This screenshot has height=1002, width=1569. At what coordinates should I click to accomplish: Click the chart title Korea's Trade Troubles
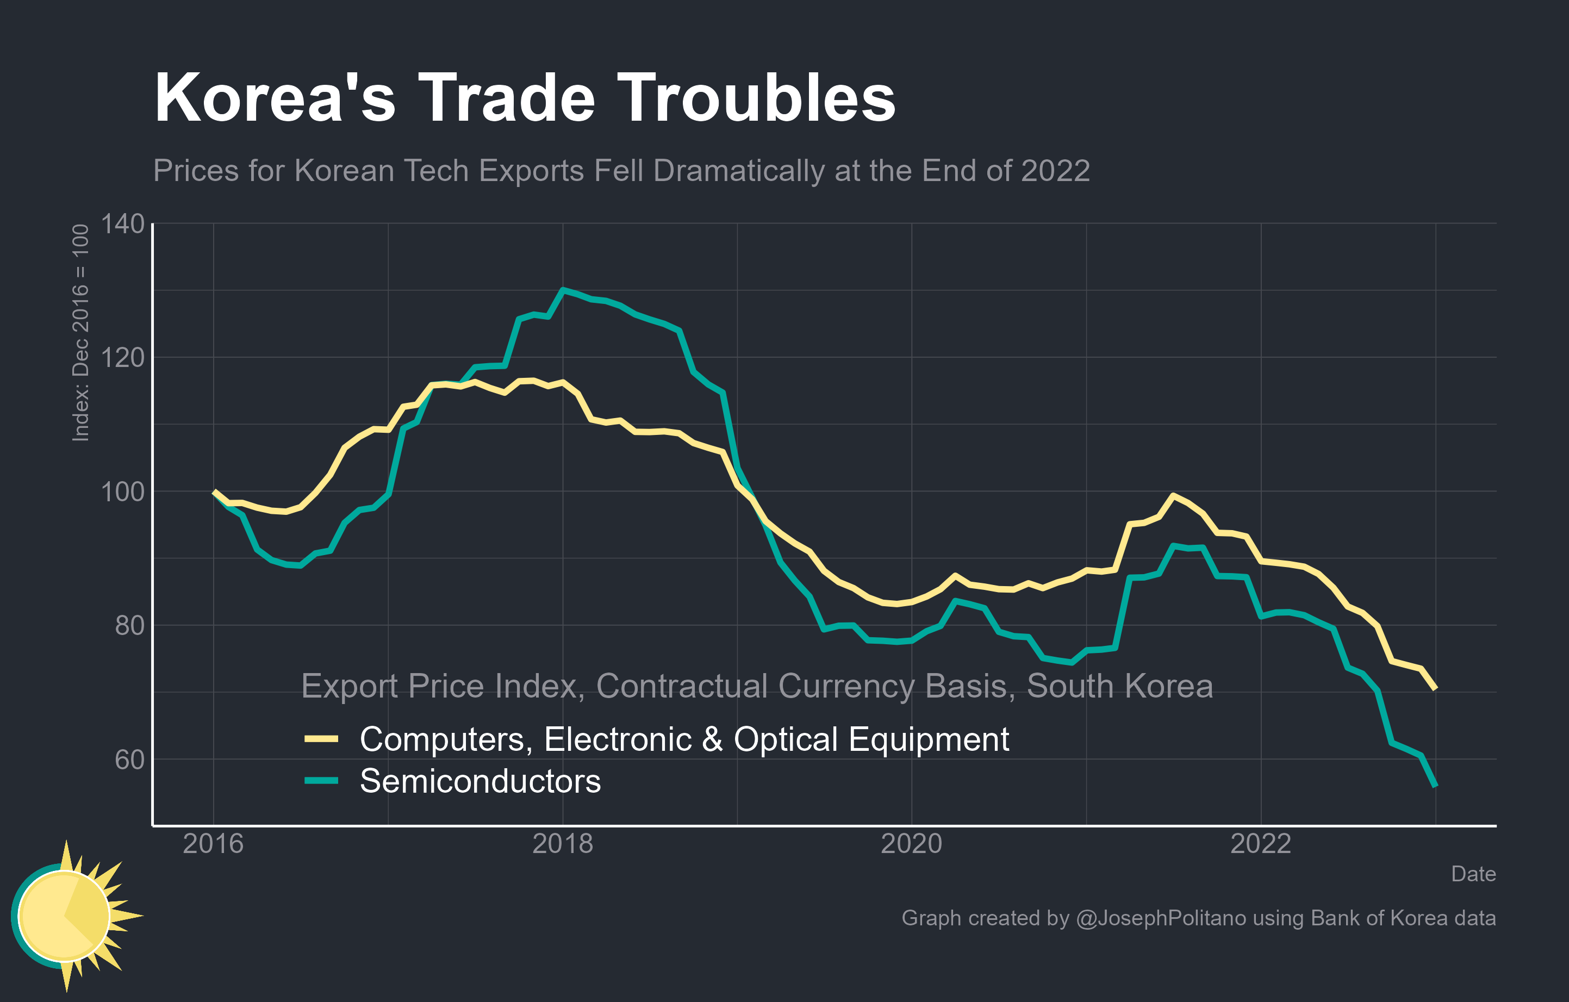[x=525, y=98]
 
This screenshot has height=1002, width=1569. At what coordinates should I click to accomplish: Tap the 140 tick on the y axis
[x=122, y=224]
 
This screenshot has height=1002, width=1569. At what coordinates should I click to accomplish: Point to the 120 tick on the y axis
[x=122, y=358]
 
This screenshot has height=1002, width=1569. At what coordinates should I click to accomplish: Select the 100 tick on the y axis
[x=122, y=491]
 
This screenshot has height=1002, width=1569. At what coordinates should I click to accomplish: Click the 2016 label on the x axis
[x=213, y=844]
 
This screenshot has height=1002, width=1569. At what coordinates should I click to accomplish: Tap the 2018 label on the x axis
[x=563, y=844]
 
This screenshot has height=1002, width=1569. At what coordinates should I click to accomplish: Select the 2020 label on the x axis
[x=912, y=844]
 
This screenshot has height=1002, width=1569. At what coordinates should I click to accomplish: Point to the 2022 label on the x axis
[x=1261, y=844]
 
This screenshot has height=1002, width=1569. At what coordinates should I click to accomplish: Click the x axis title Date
[x=1473, y=874]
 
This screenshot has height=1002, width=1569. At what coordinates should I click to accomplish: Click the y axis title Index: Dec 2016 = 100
[x=80, y=333]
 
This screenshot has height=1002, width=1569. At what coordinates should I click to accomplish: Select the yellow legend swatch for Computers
[x=321, y=739]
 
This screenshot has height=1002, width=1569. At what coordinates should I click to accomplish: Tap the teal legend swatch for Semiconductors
[x=321, y=781]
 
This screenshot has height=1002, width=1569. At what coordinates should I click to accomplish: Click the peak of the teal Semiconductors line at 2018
[x=563, y=290]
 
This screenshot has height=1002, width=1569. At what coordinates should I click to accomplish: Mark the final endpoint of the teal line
[x=1435, y=786]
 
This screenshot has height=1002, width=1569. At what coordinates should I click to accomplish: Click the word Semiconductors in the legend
[x=480, y=781]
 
